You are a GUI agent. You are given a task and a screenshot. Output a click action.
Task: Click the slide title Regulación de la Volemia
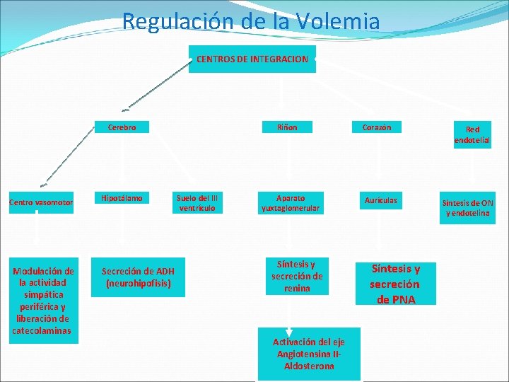click(x=251, y=21)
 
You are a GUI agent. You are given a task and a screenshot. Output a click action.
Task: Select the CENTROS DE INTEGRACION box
click(x=252, y=59)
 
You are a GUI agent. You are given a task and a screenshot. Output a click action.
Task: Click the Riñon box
click(x=288, y=128)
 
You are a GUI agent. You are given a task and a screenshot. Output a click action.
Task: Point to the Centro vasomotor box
click(x=41, y=204)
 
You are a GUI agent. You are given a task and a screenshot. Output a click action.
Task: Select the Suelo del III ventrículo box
click(x=199, y=203)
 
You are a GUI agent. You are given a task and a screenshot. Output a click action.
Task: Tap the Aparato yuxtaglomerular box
click(x=291, y=203)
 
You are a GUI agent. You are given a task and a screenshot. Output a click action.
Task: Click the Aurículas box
click(x=381, y=201)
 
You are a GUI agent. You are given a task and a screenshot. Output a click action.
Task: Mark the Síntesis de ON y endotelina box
click(x=467, y=208)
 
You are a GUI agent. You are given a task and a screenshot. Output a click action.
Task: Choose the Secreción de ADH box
click(x=138, y=277)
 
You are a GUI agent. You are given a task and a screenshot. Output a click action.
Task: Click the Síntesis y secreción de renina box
click(x=297, y=276)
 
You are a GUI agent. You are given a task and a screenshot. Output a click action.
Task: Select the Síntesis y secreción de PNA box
click(x=396, y=284)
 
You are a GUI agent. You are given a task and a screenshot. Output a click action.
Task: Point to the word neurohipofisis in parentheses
click(x=138, y=284)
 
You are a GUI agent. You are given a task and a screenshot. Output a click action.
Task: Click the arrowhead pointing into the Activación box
click(x=289, y=332)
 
